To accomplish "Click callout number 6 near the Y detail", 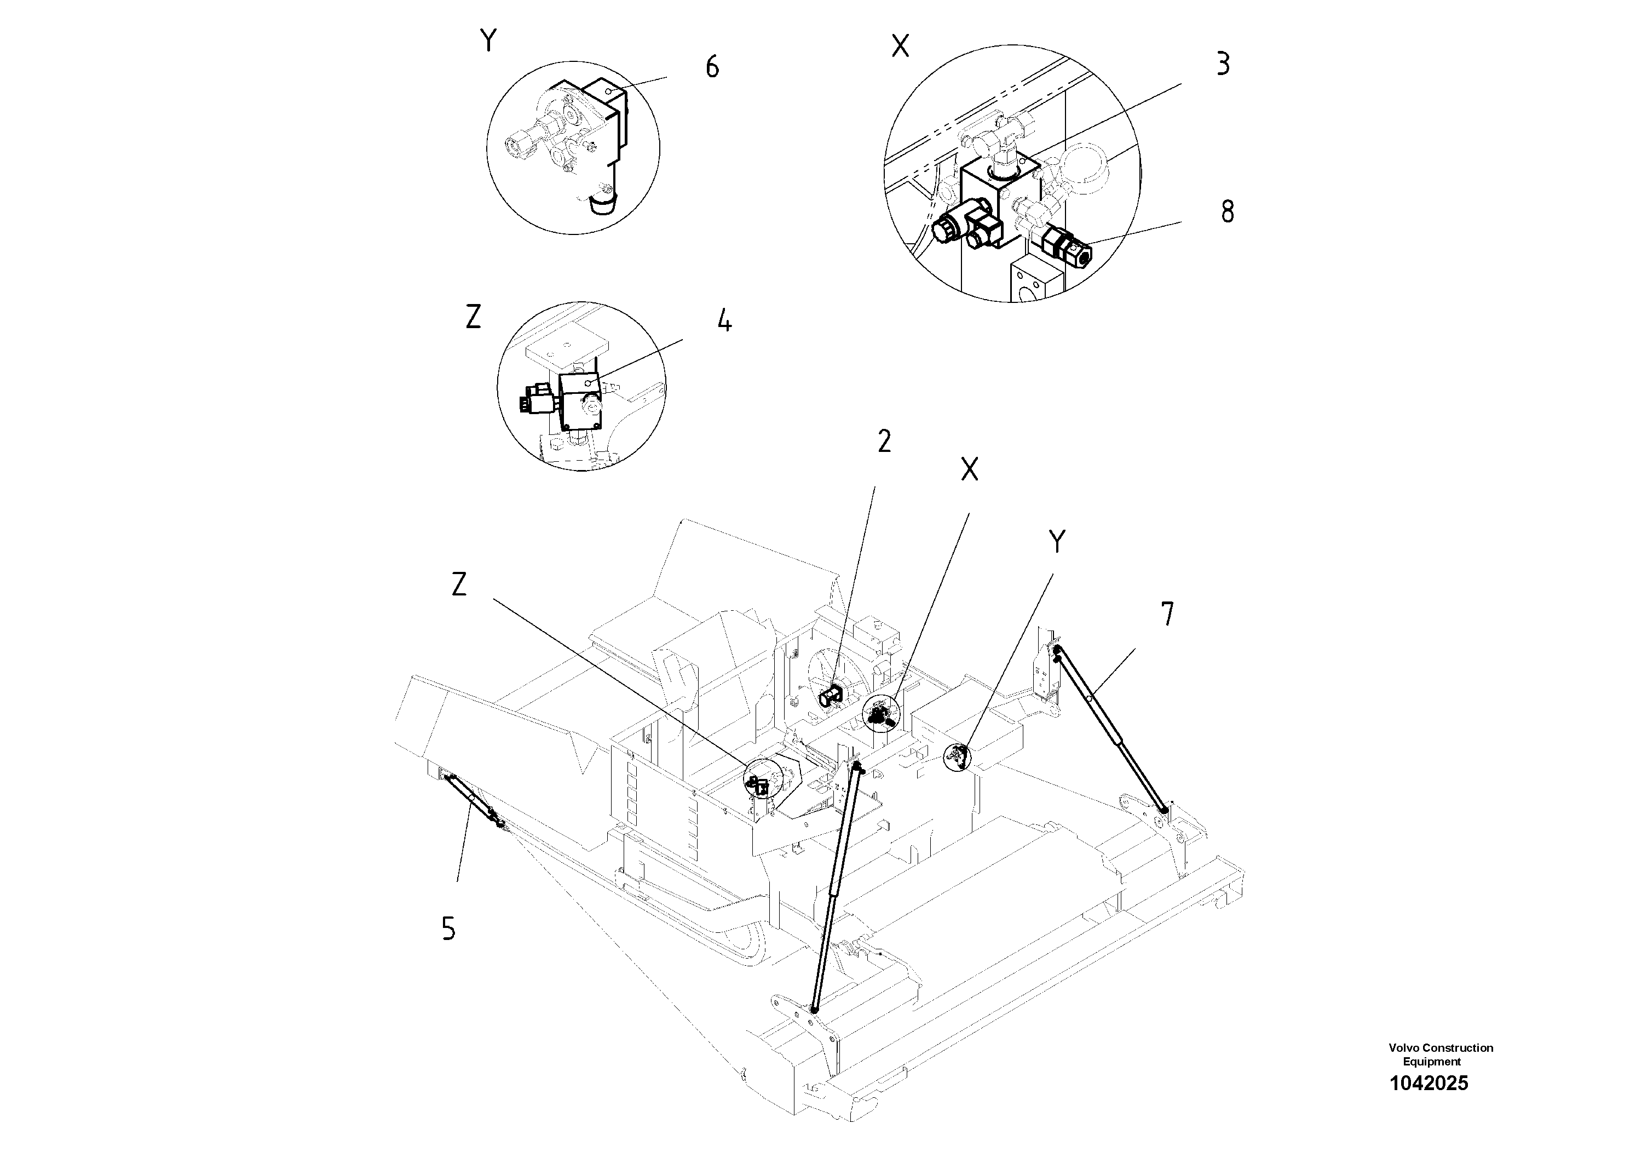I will (x=711, y=67).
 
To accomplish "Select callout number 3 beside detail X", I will (x=1223, y=64).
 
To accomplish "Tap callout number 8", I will (x=1228, y=211).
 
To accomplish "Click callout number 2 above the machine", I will (x=884, y=442).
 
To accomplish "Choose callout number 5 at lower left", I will (x=448, y=929).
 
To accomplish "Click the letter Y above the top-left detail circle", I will (x=488, y=41).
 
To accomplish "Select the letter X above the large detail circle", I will (x=900, y=47).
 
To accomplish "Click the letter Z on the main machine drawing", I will (x=459, y=584).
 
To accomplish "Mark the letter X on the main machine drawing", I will (x=969, y=469).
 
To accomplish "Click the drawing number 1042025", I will (x=1429, y=1083).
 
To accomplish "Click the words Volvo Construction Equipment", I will (x=1441, y=1054).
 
